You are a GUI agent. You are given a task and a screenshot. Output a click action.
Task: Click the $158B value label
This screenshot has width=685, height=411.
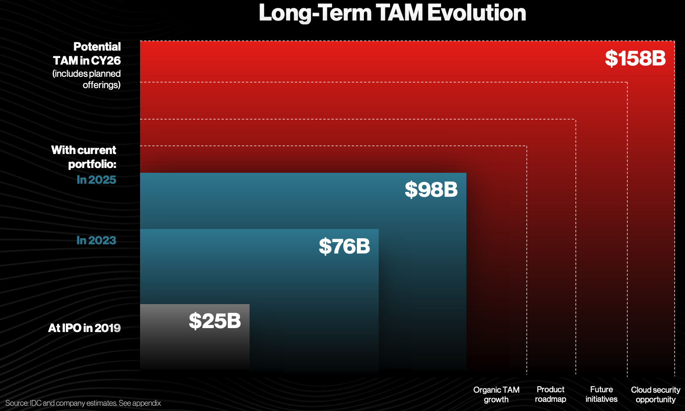(635, 58)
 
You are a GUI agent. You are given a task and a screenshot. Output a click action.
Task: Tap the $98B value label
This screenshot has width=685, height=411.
(431, 189)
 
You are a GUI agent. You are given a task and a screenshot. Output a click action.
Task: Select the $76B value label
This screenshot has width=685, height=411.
(344, 247)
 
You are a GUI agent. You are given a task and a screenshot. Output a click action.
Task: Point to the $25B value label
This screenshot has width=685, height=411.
(215, 321)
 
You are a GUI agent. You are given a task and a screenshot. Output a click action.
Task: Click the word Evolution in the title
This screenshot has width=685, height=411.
(476, 13)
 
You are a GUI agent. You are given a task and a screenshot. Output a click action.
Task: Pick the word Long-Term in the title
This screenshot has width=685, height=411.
(315, 13)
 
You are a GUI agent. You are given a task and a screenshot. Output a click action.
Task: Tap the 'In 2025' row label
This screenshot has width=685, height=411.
(96, 180)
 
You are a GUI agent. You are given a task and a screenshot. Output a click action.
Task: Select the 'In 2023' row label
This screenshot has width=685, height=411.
(96, 240)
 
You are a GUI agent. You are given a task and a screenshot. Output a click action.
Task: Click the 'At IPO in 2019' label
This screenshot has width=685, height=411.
(84, 328)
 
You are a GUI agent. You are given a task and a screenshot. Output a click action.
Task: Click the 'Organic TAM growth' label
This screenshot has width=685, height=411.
(496, 394)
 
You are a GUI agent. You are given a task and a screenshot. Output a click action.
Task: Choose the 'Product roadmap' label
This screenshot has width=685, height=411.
(550, 394)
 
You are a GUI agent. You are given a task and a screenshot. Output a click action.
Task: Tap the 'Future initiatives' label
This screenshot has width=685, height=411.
(601, 394)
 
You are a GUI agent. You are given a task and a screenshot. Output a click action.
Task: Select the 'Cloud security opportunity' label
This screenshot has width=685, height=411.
(655, 394)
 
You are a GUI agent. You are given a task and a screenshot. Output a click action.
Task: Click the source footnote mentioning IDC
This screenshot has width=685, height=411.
(83, 403)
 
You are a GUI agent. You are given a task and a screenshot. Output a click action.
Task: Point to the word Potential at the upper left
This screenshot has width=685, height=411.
(97, 47)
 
